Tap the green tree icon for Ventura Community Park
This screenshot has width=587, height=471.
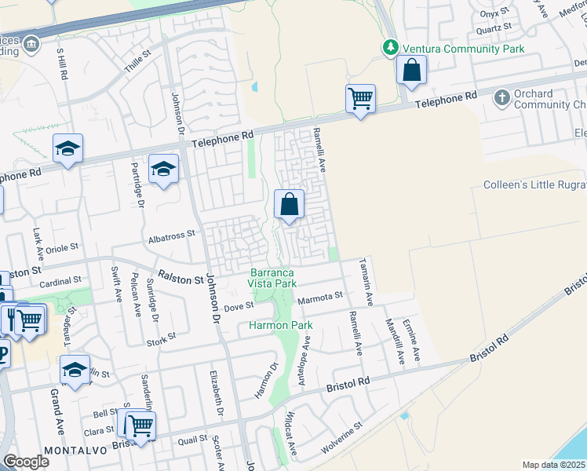pos(390,49)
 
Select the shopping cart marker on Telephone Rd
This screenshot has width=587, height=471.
pos(360,99)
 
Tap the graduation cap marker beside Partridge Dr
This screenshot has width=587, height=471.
pos(163,169)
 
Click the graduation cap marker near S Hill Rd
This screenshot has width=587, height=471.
pos(68,148)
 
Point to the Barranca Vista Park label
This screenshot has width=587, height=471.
pos(272,278)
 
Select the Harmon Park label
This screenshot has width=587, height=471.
pos(281,325)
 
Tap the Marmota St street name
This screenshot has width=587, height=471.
pos(320,297)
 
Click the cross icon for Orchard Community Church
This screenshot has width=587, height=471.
pos(501,99)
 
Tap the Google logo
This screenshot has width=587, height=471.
pos(26,462)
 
